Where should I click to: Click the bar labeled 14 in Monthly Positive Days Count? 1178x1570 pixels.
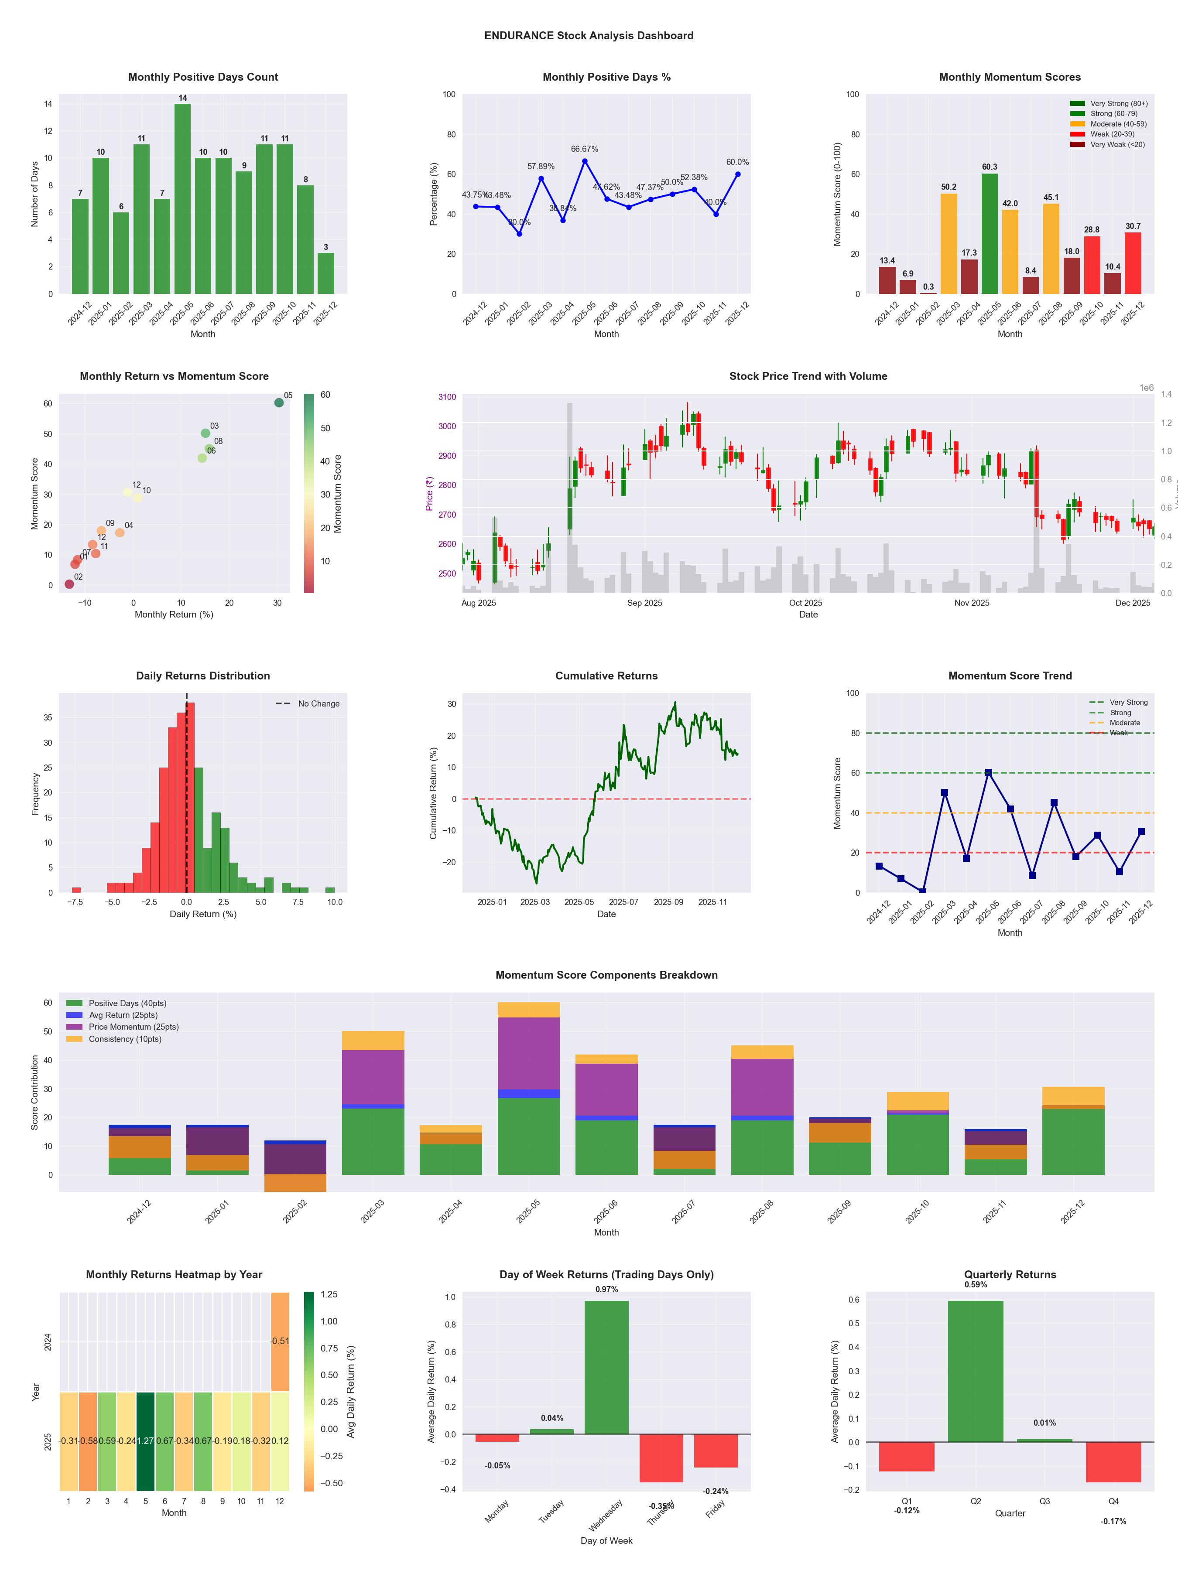tap(182, 199)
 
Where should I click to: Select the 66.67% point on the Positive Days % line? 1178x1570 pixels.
tap(585, 161)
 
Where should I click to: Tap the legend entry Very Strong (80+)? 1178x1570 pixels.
tap(1118, 104)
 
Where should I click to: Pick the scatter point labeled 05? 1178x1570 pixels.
tap(279, 403)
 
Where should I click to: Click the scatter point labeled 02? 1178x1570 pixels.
tap(69, 584)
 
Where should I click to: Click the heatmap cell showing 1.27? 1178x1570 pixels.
tap(146, 1441)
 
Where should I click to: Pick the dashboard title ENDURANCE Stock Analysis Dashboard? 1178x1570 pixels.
tap(589, 35)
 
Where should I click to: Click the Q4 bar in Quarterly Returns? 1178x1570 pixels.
tap(1113, 1462)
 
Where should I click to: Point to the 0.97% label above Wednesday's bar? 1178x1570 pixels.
tap(606, 1290)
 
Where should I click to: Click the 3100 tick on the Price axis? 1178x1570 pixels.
tap(447, 397)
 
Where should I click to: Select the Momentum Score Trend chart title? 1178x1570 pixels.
tap(1010, 676)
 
